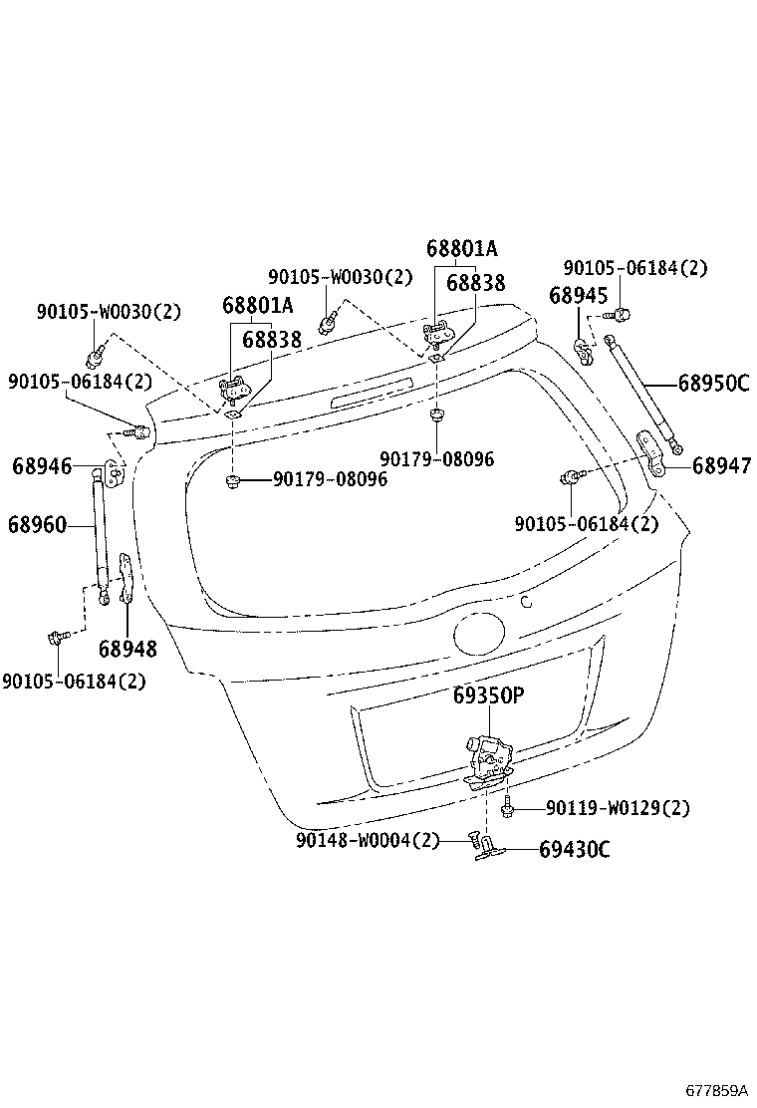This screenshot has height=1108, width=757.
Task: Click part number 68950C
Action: pos(713,383)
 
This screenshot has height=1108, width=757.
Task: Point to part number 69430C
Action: pos(575,850)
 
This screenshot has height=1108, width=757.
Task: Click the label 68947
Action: pos(722,465)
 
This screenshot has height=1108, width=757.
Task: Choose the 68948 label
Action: pos(127,650)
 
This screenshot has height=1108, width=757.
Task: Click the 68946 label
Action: pos(42,465)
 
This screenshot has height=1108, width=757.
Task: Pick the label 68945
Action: pos(579,295)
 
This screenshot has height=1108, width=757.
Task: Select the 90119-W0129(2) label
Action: pos(618,808)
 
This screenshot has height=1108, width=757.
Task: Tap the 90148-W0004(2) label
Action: pos(367,840)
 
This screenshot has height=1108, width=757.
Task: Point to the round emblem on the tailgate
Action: pos(481,635)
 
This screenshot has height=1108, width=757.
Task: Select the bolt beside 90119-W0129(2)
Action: pos(508,809)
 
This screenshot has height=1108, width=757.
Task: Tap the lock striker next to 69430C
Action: pos(490,848)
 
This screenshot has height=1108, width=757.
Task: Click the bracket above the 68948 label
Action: pos(126,578)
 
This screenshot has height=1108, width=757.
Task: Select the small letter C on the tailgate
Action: pos(527,601)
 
